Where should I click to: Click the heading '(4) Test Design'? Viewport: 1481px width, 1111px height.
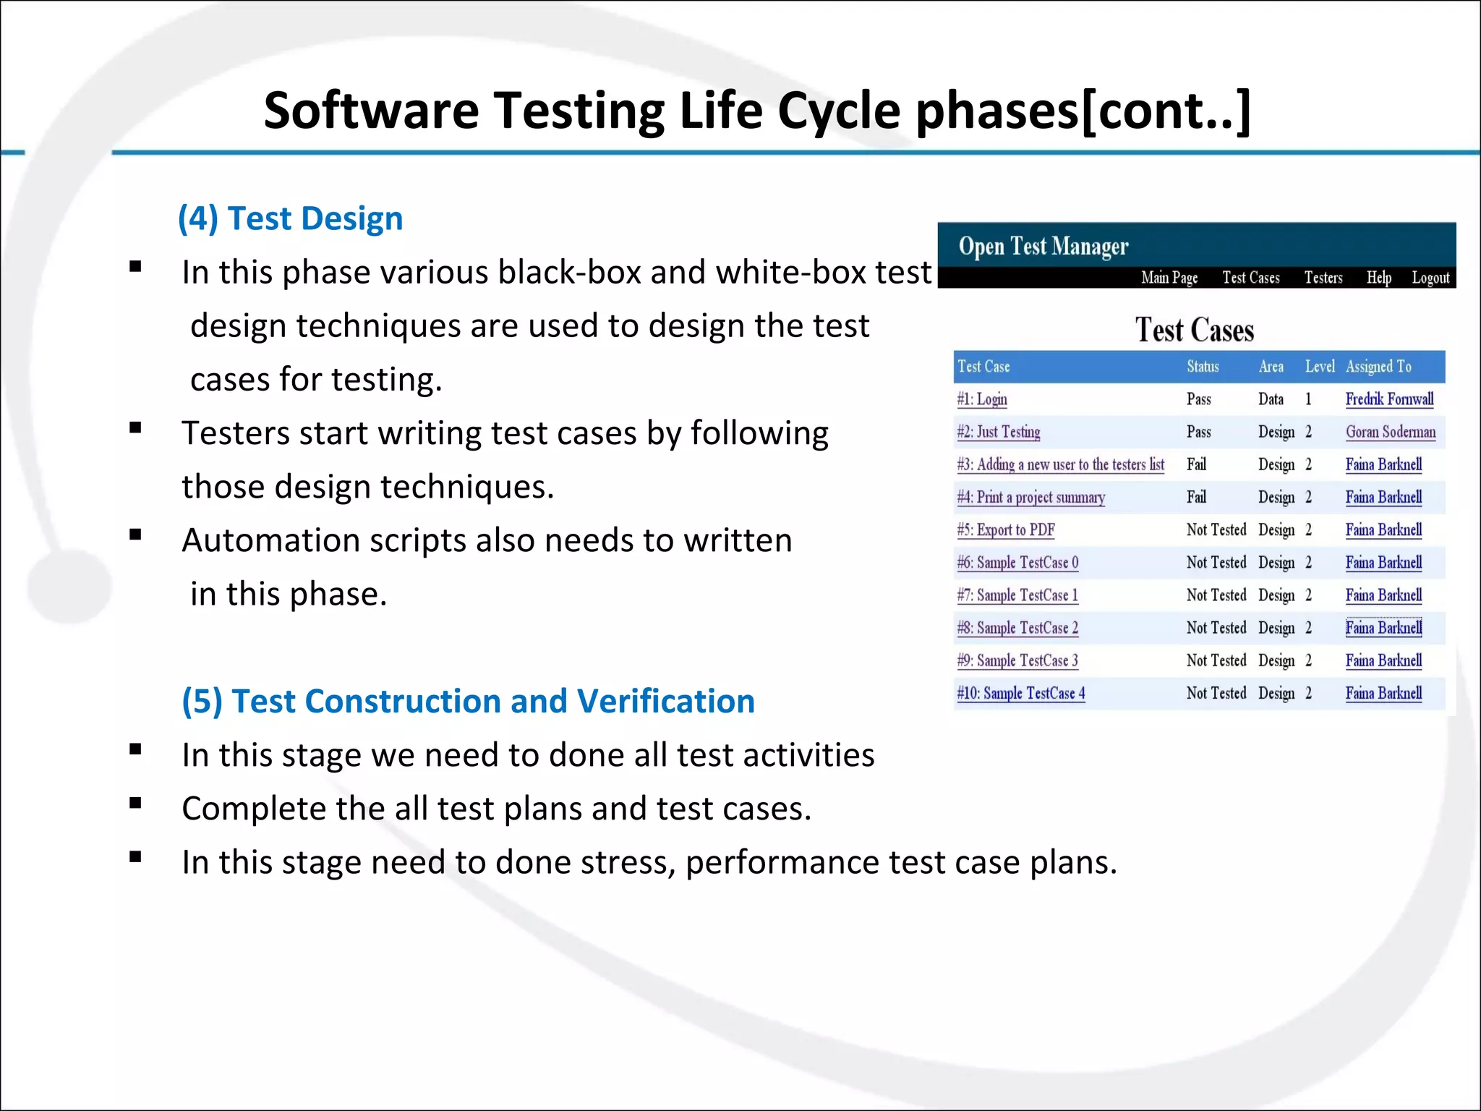pos(290,218)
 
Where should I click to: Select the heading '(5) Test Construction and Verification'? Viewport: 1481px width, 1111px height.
pos(468,701)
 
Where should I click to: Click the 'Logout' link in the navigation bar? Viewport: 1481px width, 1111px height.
pos(1430,278)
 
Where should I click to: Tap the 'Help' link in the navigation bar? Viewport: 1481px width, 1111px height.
pos(1378,278)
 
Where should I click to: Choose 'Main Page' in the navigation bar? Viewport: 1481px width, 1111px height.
pos(1169,278)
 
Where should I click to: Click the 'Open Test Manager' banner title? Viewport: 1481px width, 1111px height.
pos(1043,247)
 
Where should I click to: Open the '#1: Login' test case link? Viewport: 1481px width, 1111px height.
pos(981,399)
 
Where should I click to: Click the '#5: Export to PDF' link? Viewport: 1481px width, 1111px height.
pos(1005,530)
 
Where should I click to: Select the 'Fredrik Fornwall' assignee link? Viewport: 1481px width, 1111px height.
pos(1388,399)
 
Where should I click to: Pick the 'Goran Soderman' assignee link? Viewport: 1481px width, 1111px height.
pos(1390,432)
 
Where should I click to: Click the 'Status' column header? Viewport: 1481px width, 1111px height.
pos(1202,367)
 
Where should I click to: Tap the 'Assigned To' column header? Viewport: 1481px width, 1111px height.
pos(1378,367)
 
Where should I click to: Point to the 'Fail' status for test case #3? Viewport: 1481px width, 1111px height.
pos(1196,464)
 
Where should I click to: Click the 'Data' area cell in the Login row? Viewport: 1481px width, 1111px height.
pos(1270,399)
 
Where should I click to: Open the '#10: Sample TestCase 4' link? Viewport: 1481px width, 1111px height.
pos(1020,693)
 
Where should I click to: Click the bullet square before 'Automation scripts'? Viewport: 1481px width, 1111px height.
pos(135,535)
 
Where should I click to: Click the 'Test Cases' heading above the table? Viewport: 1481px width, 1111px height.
pos(1194,331)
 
